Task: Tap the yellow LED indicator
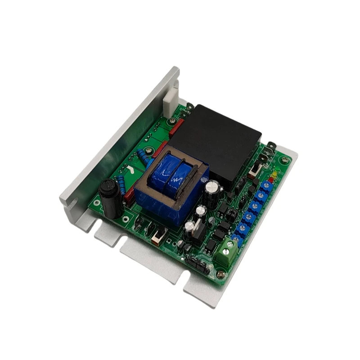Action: click(274, 174)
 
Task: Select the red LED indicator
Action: click(270, 179)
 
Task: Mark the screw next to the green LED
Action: click(283, 161)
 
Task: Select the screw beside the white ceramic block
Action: click(171, 121)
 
